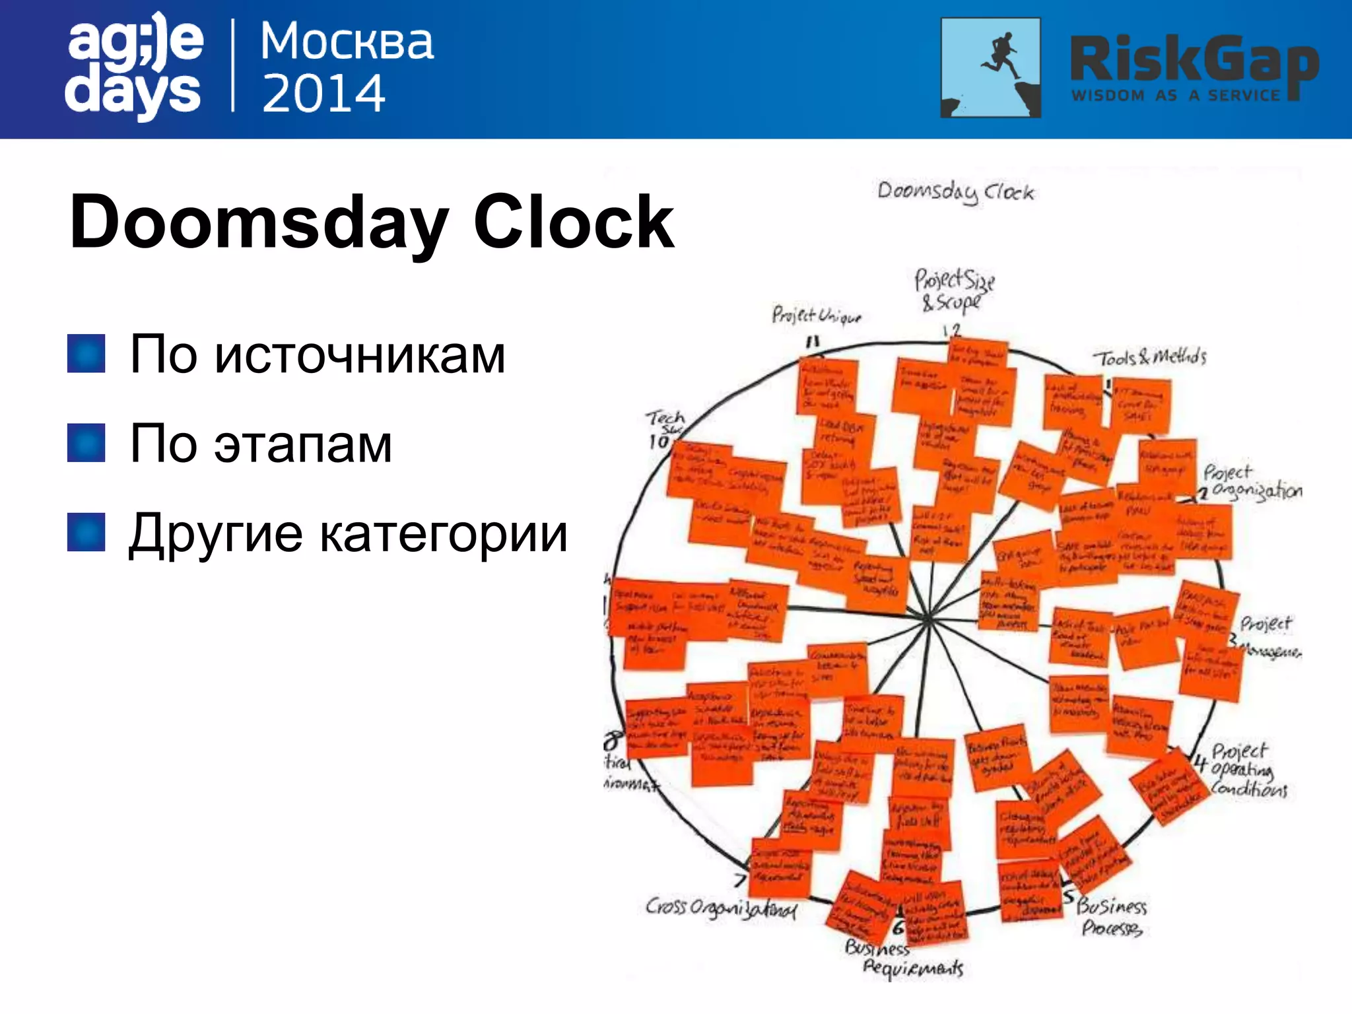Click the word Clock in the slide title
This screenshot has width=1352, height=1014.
(x=573, y=222)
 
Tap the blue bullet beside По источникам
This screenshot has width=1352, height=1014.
(x=86, y=354)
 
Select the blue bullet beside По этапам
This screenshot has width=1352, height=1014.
(x=86, y=442)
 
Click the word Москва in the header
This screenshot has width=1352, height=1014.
(x=347, y=42)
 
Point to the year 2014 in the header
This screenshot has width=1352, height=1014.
(x=323, y=93)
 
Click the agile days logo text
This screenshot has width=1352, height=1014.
(x=134, y=66)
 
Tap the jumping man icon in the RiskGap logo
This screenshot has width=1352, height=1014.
(x=990, y=67)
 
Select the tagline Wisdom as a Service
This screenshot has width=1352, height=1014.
(x=1175, y=96)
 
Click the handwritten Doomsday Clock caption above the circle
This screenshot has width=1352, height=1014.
(x=955, y=192)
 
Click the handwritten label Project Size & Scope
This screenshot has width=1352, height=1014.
(x=953, y=290)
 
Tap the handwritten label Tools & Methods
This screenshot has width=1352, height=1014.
(x=1149, y=358)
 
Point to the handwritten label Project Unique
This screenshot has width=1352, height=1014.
(x=816, y=316)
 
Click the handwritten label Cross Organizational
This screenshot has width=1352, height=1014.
(x=721, y=908)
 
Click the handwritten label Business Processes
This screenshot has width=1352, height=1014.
(x=1112, y=917)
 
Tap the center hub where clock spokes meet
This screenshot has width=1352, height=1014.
(x=928, y=619)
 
